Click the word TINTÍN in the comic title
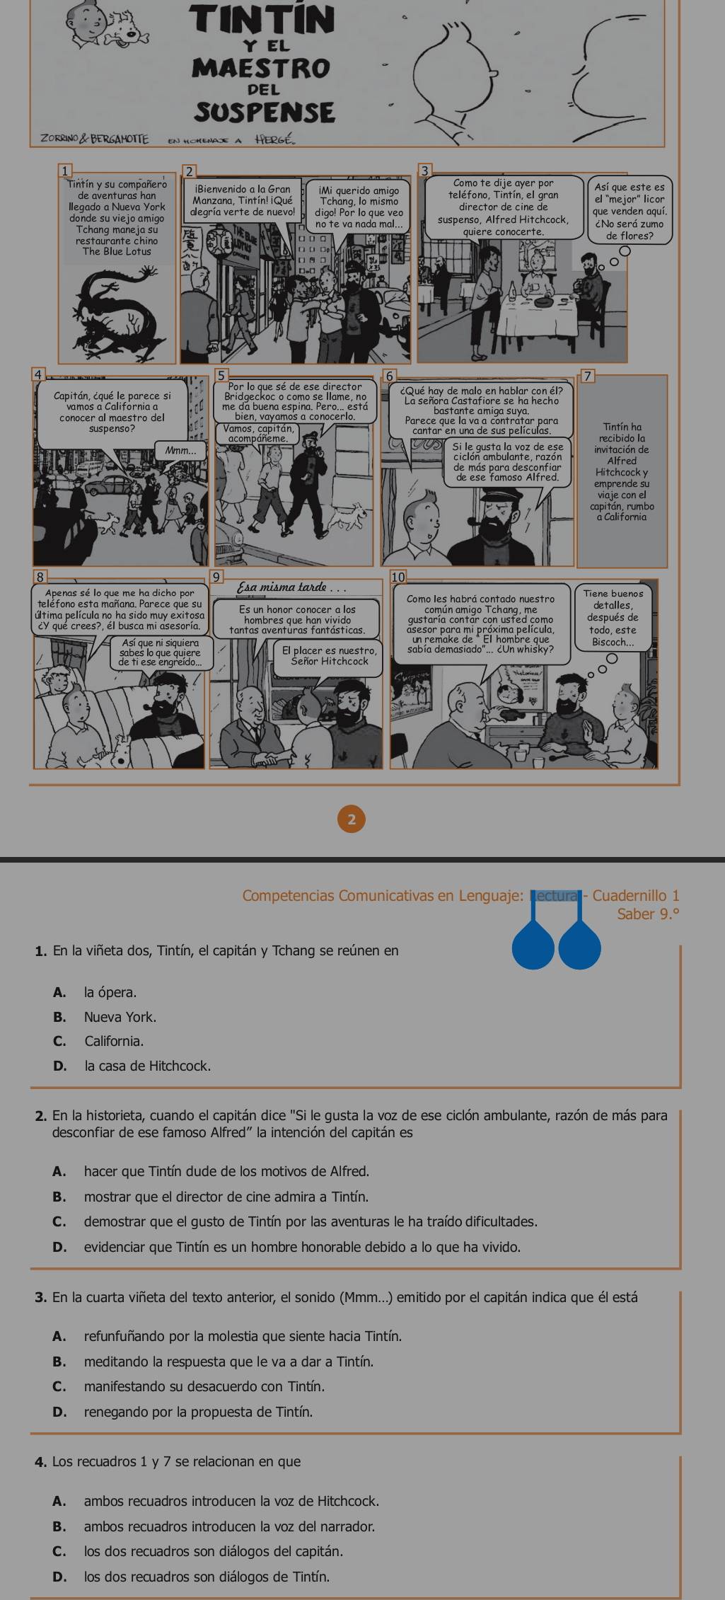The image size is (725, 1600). [x=264, y=20]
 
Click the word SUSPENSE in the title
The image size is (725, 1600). [x=264, y=112]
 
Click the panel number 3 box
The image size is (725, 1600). [x=424, y=171]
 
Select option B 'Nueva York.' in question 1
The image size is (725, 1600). [x=120, y=1017]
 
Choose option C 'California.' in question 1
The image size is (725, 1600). [x=113, y=1041]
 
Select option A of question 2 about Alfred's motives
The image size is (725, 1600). [x=226, y=1172]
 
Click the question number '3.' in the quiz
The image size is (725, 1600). [x=40, y=1297]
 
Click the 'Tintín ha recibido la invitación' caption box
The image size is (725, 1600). [x=622, y=471]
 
